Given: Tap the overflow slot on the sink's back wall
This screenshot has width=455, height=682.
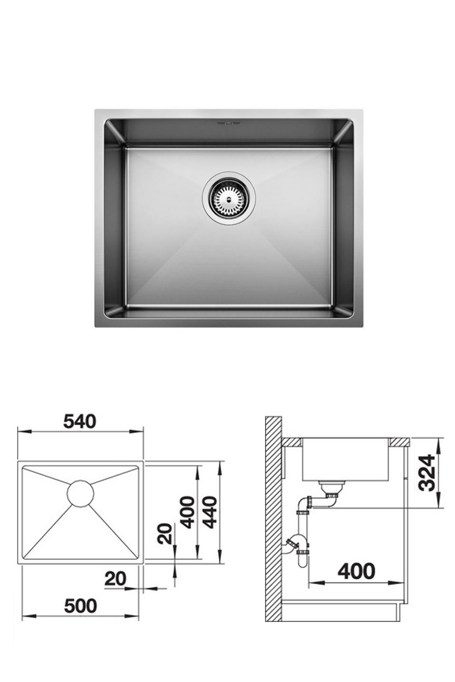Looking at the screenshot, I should pos(229,123).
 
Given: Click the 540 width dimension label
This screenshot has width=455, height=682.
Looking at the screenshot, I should pos(80,421).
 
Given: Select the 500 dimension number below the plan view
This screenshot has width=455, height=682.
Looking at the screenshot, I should pos(80,606).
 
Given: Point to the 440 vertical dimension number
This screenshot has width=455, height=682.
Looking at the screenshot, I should pos(210,512).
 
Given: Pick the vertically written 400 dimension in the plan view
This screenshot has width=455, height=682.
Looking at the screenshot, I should pos(187,512).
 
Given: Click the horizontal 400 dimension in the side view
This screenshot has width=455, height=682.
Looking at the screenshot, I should pos(356,571).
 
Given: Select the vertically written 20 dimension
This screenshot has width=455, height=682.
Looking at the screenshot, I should pos(167,534).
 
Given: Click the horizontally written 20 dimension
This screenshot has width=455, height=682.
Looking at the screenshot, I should pos(115,579).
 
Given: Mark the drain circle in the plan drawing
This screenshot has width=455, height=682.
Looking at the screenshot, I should pos(81,493).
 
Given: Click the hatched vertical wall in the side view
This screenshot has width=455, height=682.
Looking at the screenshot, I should pos(273,518).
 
